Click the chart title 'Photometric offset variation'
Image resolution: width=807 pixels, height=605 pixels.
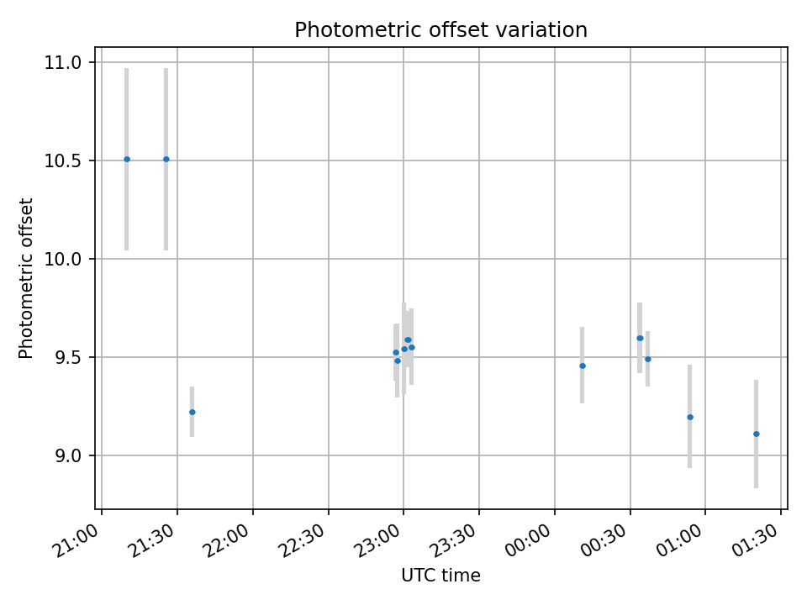coord(440,30)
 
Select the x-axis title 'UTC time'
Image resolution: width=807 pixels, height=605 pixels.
coord(440,576)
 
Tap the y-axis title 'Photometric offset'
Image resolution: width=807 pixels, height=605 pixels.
coord(26,278)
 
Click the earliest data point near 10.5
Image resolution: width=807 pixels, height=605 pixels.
coord(127,159)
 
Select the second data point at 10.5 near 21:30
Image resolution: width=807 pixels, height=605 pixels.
coord(166,159)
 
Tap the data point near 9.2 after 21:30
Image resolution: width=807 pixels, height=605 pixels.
coord(193,412)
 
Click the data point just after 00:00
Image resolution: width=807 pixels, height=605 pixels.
coord(582,366)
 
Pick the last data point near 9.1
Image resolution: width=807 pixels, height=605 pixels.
coord(756,434)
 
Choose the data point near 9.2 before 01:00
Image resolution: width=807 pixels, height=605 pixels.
coord(689,417)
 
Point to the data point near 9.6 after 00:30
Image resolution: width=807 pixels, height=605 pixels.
coord(640,338)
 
